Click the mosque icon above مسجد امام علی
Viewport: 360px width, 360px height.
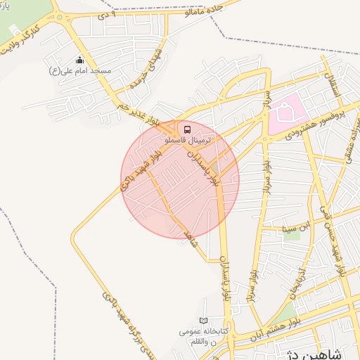pos(79,60)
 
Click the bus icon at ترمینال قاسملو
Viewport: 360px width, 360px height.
pos(187,129)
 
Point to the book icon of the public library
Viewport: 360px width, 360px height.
pos(204,321)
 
